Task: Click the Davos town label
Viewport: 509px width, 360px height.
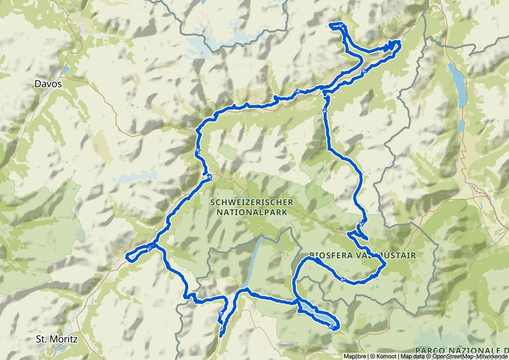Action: point(48,84)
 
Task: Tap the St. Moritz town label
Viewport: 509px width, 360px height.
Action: point(57,339)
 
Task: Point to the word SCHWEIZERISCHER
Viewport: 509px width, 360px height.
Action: point(251,203)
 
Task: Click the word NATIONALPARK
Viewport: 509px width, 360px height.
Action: point(251,213)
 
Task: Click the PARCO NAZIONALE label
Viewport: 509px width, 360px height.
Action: point(461,350)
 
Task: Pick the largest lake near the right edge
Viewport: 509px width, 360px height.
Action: point(457,77)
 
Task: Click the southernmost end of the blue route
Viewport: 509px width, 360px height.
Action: point(221,336)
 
